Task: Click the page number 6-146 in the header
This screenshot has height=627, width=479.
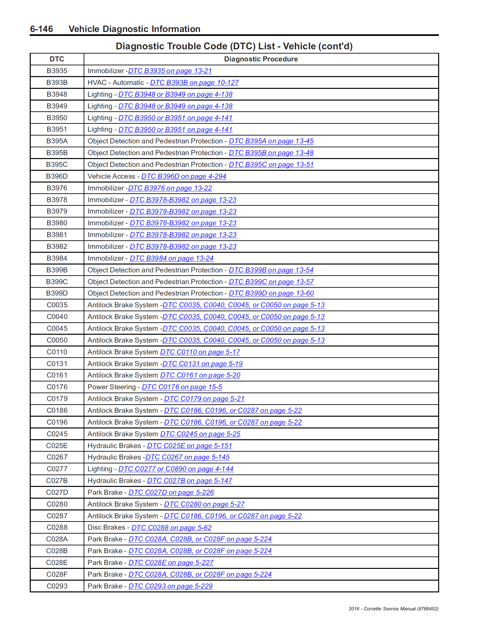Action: click(41, 29)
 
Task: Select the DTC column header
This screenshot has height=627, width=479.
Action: click(57, 59)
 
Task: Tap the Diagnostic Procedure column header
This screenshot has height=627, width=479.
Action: click(261, 59)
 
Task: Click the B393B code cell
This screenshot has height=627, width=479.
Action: click(57, 83)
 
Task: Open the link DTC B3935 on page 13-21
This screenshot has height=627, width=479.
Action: click(170, 71)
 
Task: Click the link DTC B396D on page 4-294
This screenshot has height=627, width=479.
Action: click(184, 176)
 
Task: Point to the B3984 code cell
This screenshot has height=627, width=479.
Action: click(57, 258)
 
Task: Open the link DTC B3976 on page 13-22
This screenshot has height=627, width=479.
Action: click(170, 188)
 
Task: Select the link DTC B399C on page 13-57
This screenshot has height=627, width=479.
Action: click(271, 282)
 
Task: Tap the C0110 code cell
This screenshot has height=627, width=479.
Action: click(57, 352)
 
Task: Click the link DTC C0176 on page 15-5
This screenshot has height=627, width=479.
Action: click(182, 387)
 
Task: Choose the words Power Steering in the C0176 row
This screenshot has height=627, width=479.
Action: click(111, 387)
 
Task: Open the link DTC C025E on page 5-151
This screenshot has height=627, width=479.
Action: click(190, 446)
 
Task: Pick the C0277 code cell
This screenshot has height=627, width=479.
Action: click(57, 469)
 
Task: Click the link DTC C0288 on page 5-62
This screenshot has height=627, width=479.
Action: click(172, 528)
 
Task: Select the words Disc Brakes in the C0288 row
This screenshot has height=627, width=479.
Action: click(106, 527)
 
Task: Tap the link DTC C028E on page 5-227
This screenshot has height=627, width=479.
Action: click(171, 563)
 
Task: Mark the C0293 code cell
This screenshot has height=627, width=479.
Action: click(57, 586)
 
